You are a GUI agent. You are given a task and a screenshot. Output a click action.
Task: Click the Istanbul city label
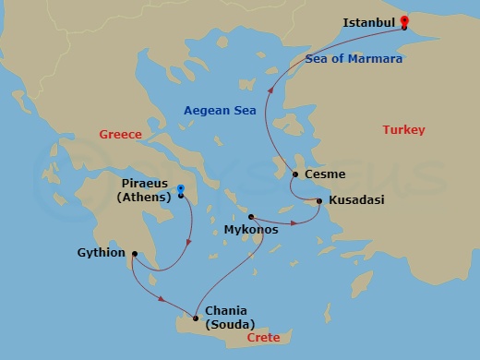pyautogui.click(x=368, y=22)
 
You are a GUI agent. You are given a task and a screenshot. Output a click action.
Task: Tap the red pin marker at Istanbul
pyautogui.click(x=403, y=22)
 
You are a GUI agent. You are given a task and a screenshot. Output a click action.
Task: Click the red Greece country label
pyautogui.click(x=120, y=135)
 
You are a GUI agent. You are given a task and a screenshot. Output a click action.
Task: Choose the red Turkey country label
pyautogui.click(x=403, y=130)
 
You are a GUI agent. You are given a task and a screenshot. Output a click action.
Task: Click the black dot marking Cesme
pyautogui.click(x=295, y=174)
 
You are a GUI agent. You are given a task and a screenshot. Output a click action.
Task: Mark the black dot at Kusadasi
pyautogui.click(x=319, y=200)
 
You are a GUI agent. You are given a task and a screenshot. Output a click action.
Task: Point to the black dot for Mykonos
pyautogui.click(x=251, y=217)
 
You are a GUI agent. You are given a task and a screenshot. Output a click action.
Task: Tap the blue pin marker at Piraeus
pyautogui.click(x=181, y=191)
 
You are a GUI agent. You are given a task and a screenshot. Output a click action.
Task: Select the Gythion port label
pyautogui.click(x=102, y=252)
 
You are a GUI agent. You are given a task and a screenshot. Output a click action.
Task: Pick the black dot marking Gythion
pyautogui.click(x=135, y=253)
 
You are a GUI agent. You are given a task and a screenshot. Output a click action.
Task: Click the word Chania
pyautogui.click(x=228, y=310)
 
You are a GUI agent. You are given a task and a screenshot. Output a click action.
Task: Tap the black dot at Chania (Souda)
pyautogui.click(x=196, y=318)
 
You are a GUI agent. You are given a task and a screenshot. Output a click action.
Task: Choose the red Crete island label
pyautogui.click(x=263, y=339)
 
